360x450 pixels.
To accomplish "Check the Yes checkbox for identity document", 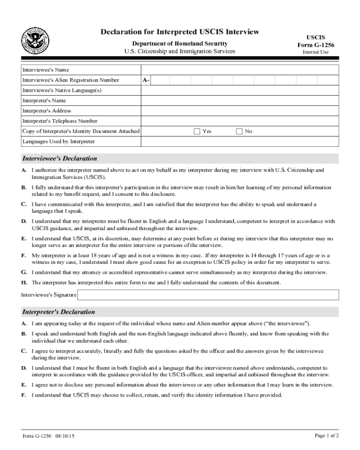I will pyautogui.click(x=197, y=131).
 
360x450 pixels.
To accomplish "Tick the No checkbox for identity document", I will pyautogui.click(x=239, y=131).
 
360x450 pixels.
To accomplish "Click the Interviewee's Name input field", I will pyautogui.click(x=239, y=70).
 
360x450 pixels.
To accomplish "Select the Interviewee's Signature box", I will pyautogui.click(x=208, y=295).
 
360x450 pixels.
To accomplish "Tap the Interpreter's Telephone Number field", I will pyautogui.click(x=239, y=121).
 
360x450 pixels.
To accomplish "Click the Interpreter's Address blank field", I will pyautogui.click(x=239, y=111).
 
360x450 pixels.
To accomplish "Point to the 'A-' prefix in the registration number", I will pyautogui.click(x=146, y=80).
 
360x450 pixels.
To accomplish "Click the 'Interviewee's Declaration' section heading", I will pyautogui.click(x=60, y=159).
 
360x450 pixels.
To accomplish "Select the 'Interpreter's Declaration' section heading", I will pyautogui.click(x=58, y=312).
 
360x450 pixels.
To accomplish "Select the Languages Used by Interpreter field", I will pyautogui.click(x=239, y=141).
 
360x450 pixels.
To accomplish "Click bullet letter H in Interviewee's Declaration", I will pyautogui.click(x=24, y=282).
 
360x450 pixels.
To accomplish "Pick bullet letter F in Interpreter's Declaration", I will pyautogui.click(x=24, y=395).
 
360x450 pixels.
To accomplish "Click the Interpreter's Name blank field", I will pyautogui.click(x=239, y=101).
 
